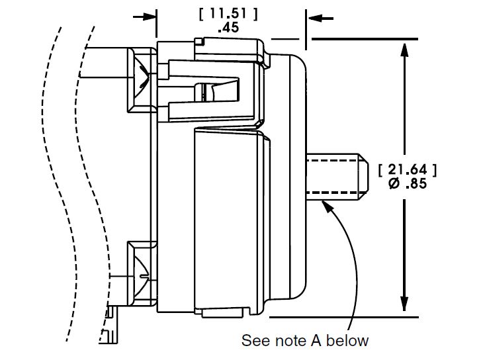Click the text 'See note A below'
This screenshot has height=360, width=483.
(304, 341)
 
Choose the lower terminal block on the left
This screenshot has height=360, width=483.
(142, 272)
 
